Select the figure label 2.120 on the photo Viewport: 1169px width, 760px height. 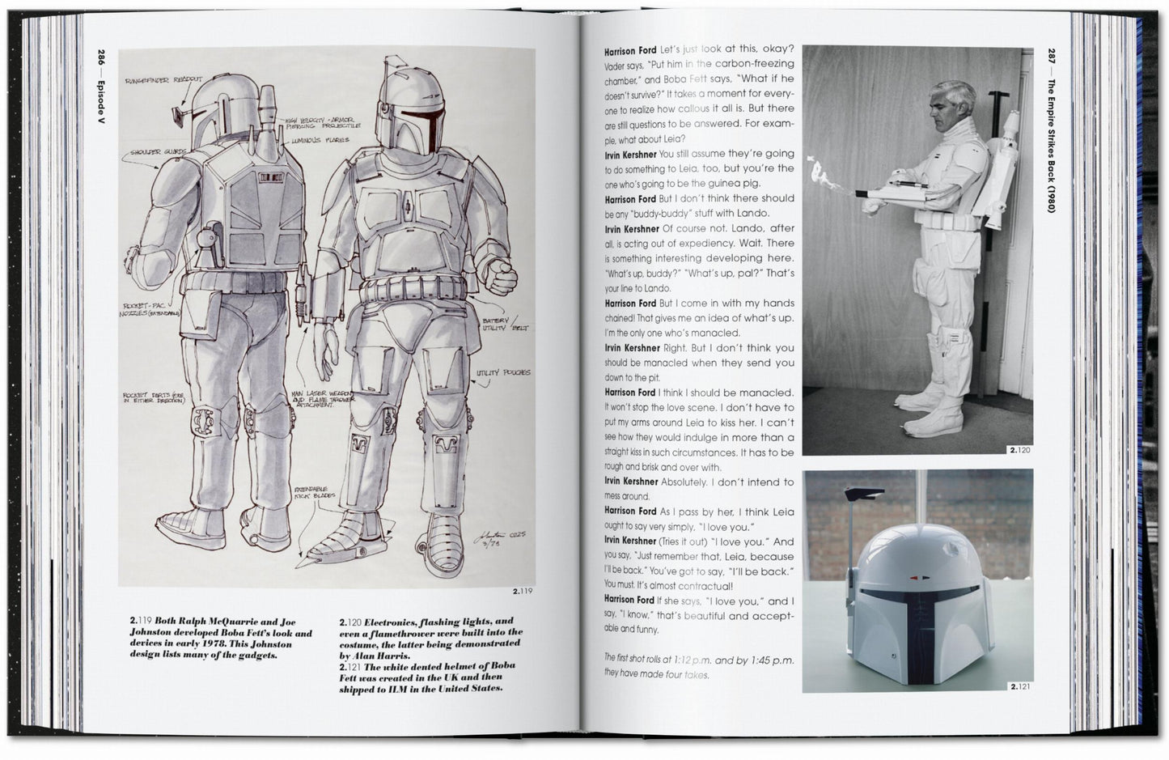pyautogui.click(x=1019, y=450)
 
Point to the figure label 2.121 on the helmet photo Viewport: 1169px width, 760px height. pyautogui.click(x=1019, y=687)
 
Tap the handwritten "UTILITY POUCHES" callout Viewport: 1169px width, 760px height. pyautogui.click(x=504, y=372)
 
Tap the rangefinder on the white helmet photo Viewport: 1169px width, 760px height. pyautogui.click(x=859, y=498)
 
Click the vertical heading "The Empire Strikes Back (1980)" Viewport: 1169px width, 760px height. pyautogui.click(x=1052, y=140)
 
